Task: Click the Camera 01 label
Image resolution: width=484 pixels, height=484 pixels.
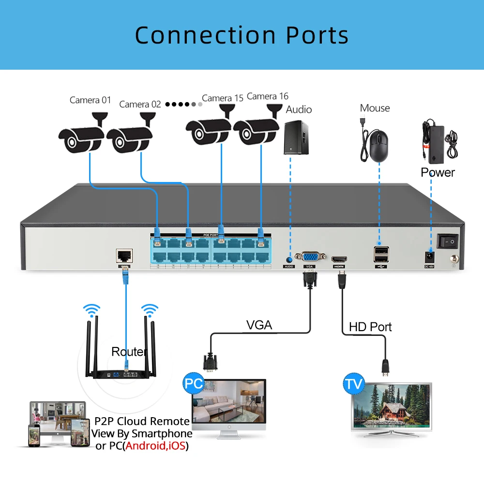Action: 90,100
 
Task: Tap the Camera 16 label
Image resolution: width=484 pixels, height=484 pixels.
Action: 267,96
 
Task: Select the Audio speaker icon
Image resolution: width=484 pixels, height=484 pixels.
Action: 296,137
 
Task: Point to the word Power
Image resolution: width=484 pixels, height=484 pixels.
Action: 438,172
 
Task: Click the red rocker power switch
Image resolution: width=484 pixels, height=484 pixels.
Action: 448,241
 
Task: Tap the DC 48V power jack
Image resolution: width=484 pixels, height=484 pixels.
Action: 429,257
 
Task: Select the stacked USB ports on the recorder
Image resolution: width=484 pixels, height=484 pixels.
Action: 380,254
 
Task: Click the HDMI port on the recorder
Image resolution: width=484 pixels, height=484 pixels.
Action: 338,258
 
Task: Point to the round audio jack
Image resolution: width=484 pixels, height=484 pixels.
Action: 289,259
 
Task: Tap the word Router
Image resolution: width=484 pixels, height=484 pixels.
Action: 129,351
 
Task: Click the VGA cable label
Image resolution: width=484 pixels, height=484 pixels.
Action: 259,325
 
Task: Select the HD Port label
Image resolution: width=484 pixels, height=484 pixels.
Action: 370,327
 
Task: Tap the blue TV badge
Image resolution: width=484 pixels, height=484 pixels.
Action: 353,385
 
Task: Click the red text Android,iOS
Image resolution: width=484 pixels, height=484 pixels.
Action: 155,446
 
